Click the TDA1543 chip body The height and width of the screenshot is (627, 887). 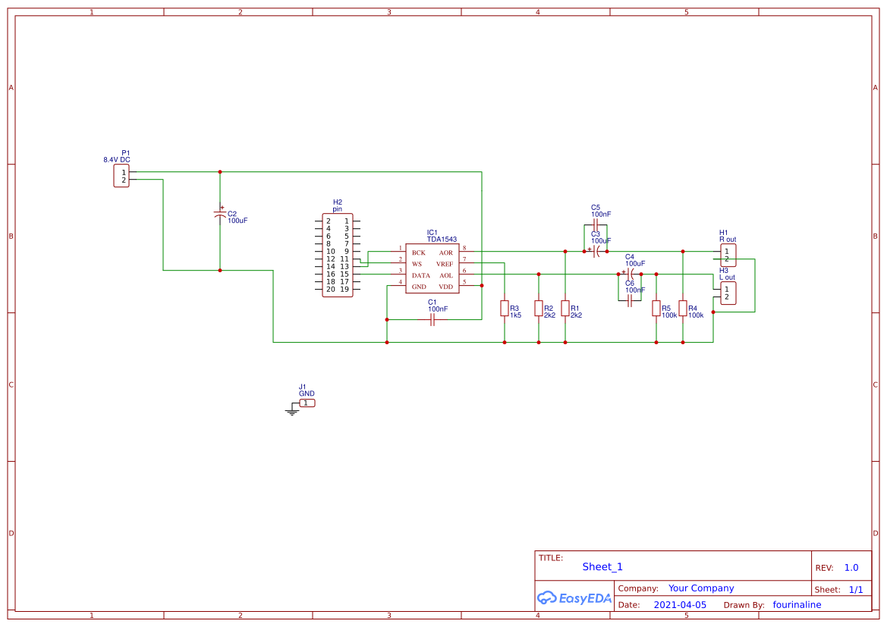point(432,268)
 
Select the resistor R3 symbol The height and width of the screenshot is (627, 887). point(504,308)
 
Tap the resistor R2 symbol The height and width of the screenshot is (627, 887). point(538,308)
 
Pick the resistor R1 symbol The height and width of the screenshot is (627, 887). point(565,308)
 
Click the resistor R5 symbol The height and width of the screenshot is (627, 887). point(656,308)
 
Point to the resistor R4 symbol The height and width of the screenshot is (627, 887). point(682,308)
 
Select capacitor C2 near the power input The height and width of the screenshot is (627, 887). point(220,216)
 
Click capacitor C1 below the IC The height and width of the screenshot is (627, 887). point(432,320)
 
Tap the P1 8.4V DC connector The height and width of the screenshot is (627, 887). point(121,176)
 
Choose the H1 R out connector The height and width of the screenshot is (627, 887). point(727,255)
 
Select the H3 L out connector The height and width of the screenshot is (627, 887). point(727,293)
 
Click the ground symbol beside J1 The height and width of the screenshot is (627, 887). point(292,411)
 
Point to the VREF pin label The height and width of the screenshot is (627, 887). point(444,264)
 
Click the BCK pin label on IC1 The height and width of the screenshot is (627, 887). point(419,252)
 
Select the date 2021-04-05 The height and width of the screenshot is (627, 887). point(679,605)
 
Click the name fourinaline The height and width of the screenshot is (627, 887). point(797,605)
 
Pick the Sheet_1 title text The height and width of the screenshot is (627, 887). point(602,566)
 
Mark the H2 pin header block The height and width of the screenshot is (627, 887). point(338,255)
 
